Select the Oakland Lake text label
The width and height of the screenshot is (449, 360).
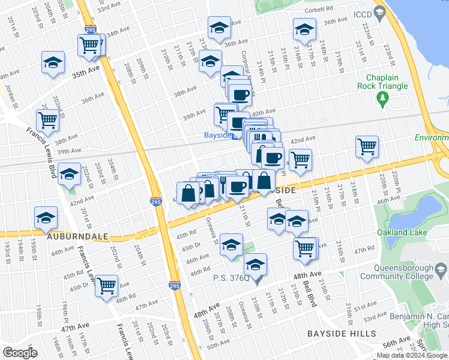click(405, 232)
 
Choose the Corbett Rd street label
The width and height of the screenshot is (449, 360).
click(319, 9)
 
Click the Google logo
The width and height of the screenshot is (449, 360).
click(20, 353)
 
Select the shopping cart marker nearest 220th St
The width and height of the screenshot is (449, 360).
click(367, 146)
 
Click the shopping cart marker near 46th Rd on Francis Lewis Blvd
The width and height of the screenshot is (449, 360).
click(107, 286)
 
